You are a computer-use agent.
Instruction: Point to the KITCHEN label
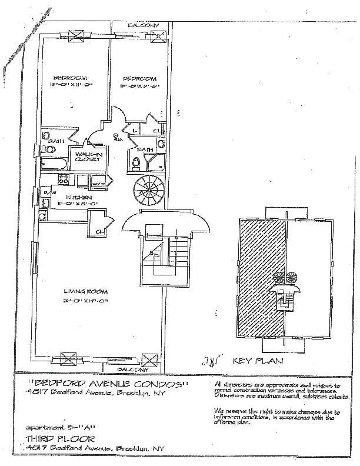(x=77, y=197)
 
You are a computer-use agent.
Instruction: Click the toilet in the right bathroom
(x=161, y=147)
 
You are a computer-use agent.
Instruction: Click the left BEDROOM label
(x=71, y=78)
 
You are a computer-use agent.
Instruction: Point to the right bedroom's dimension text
(x=138, y=86)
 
